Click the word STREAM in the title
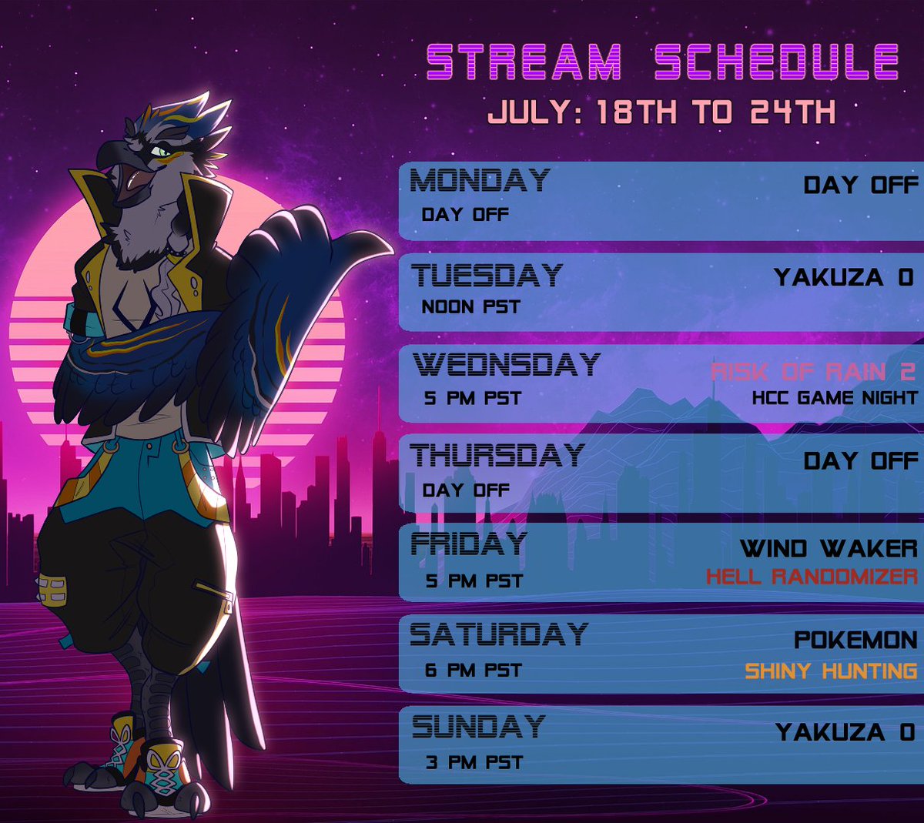tap(524, 62)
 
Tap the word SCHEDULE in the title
tap(776, 62)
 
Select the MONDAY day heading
tap(480, 181)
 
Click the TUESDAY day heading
tap(487, 275)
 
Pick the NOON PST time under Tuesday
tap(470, 307)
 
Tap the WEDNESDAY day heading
tap(506, 364)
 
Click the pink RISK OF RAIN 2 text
tap(813, 372)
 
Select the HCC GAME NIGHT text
tap(835, 398)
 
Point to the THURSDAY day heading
tap(497, 455)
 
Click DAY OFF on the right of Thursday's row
tap(860, 461)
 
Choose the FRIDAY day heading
tap(469, 544)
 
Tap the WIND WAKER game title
tap(829, 548)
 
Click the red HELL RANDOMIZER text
tap(812, 577)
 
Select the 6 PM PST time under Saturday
tap(473, 671)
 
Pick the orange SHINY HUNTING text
tap(831, 671)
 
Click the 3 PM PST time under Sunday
tap(474, 763)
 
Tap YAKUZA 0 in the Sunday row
tap(845, 731)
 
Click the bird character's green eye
tap(162, 151)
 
